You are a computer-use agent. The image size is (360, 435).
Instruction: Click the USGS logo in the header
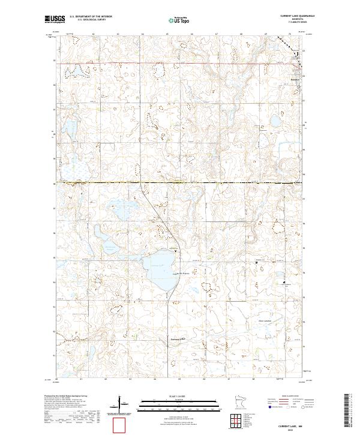[x=55, y=19]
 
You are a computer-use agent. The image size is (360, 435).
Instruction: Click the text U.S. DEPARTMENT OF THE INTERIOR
[x=91, y=17]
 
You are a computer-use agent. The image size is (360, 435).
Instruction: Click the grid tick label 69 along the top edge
[x=265, y=34]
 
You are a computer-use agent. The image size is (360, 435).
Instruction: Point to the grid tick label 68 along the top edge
[x=241, y=34]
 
